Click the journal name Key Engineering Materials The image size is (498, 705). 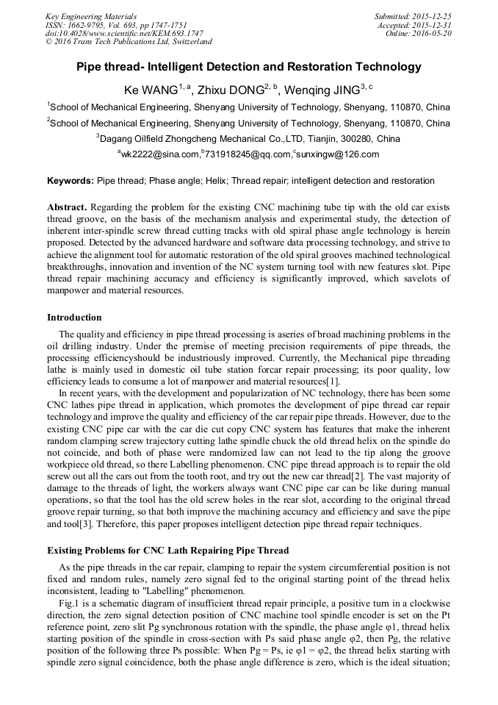click(x=90, y=16)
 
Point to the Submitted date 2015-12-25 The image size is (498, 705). click(x=413, y=16)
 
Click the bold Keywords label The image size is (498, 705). click(x=71, y=181)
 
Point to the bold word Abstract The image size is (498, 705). click(x=66, y=207)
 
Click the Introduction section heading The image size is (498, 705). click(x=74, y=318)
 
